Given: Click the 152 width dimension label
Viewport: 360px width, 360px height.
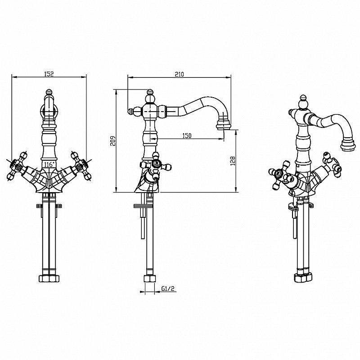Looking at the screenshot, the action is click(x=49, y=74).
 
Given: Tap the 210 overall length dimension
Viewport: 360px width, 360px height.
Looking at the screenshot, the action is click(x=179, y=74).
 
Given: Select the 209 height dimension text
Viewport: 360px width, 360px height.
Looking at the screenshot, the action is click(x=112, y=140).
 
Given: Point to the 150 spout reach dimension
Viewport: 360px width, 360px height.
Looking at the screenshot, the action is click(x=187, y=135).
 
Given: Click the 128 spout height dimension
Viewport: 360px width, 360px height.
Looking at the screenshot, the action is click(x=233, y=161).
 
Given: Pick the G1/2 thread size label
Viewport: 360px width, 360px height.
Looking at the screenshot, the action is click(x=168, y=288).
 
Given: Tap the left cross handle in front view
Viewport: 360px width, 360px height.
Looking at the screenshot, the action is click(x=17, y=166).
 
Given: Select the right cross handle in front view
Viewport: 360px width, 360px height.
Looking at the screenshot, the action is click(x=81, y=166).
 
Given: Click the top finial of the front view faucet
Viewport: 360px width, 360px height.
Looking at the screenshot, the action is click(x=49, y=93).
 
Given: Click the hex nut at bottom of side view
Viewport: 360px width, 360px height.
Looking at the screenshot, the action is click(x=149, y=279).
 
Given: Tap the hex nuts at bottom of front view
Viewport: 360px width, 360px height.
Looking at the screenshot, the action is click(x=49, y=278).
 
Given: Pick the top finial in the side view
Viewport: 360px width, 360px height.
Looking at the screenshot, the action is click(x=150, y=93).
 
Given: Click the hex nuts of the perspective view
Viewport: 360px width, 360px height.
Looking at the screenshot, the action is click(x=303, y=277).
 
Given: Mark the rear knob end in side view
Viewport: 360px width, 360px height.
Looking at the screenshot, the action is click(x=130, y=111).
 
